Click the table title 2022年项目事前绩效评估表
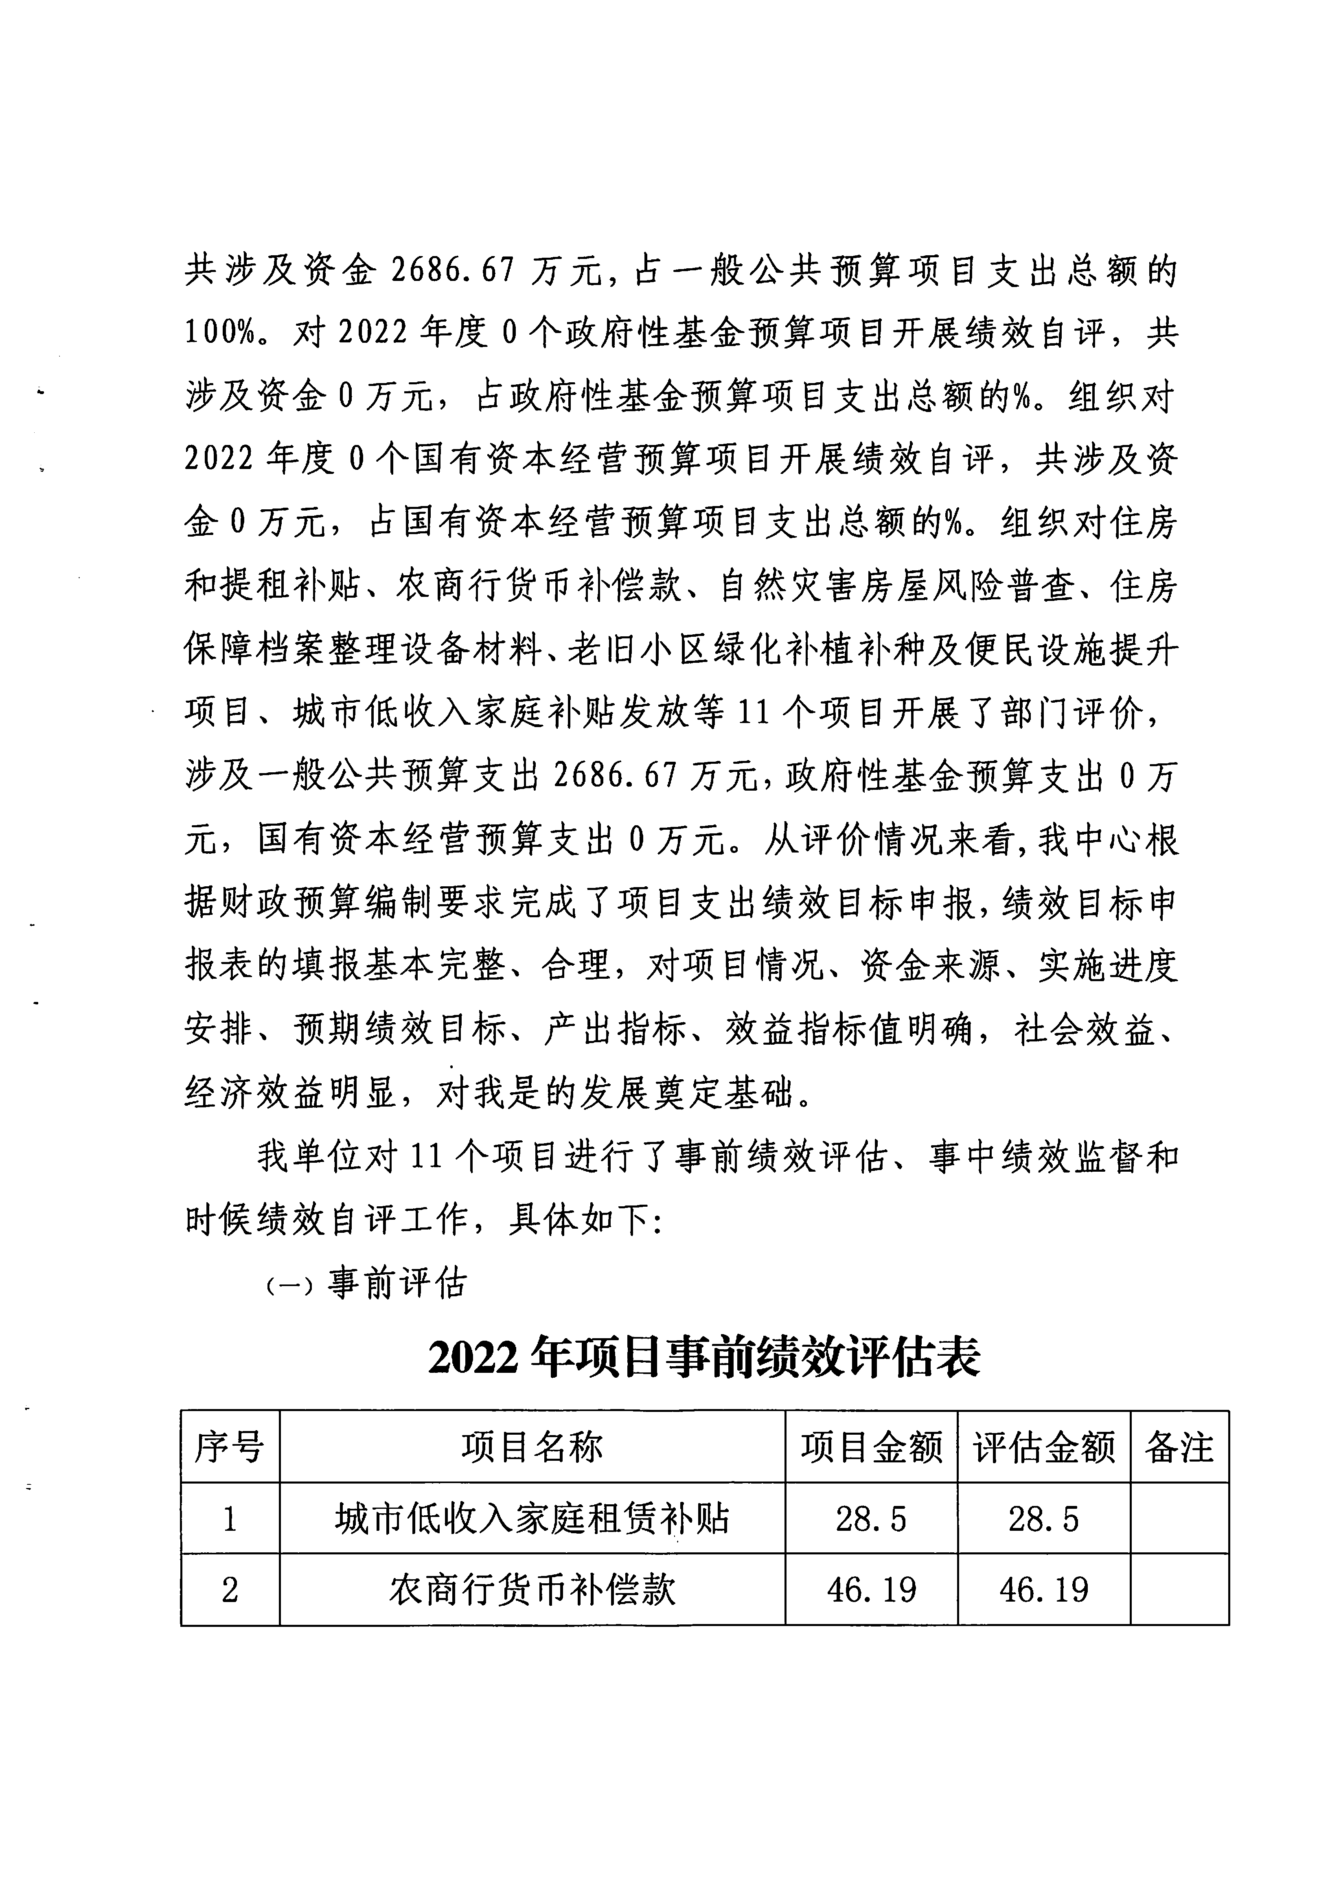(x=704, y=1357)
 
